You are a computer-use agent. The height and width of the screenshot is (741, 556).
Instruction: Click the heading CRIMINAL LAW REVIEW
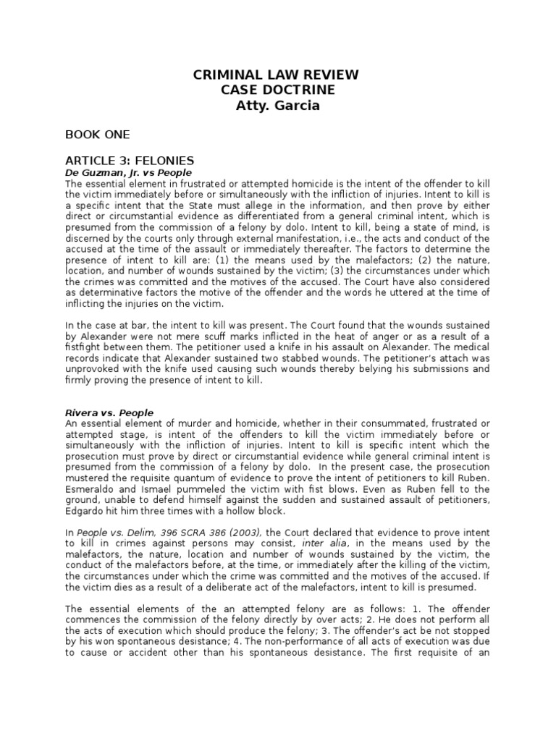[274, 75]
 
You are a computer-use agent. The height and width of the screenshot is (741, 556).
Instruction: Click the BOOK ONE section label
[98, 135]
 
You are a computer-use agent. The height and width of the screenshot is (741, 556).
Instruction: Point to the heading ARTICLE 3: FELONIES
[130, 161]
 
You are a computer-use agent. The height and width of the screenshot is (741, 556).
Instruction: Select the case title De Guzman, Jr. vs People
[128, 174]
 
